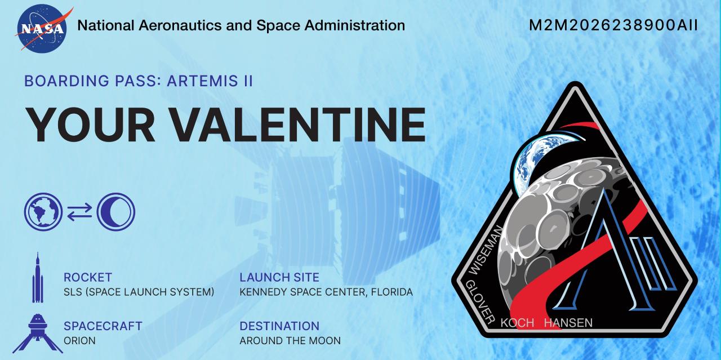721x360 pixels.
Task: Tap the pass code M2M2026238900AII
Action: (613, 25)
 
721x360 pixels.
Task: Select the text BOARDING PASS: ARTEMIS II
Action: (138, 81)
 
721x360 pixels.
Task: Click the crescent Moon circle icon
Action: (116, 212)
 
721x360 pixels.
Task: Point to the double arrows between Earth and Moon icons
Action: (79, 212)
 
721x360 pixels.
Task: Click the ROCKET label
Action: (88, 277)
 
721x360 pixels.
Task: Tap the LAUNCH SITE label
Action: (279, 277)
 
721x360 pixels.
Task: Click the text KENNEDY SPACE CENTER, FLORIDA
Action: (326, 292)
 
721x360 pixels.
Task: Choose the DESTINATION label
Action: (279, 326)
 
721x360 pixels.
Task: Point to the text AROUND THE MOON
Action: (290, 341)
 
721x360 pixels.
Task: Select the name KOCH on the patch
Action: (517, 323)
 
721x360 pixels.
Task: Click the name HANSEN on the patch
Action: (568, 323)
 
